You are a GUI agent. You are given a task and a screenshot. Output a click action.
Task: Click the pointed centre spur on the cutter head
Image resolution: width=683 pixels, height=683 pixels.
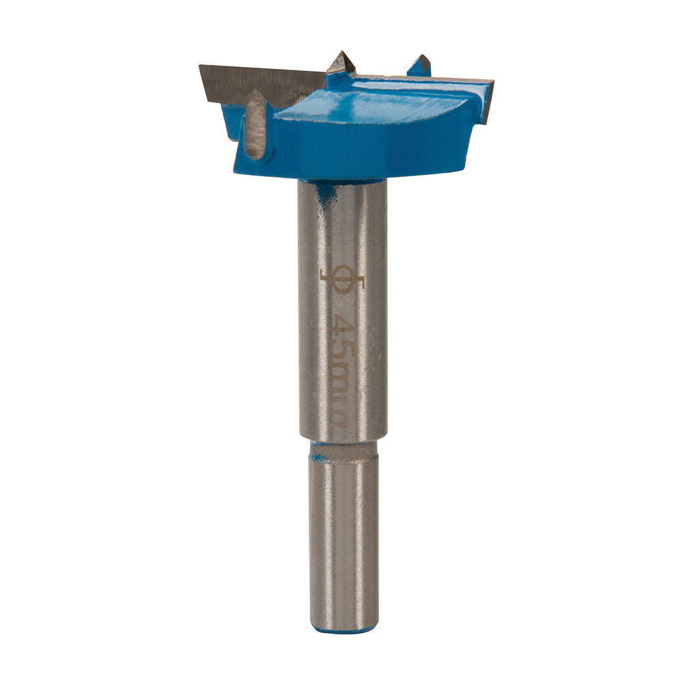[341, 64]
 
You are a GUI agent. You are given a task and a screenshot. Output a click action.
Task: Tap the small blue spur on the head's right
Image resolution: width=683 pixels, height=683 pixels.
[419, 66]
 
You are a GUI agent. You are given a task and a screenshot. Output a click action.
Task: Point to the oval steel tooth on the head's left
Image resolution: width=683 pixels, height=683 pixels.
[255, 125]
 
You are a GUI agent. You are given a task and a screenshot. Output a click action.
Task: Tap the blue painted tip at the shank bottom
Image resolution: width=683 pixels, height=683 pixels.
[343, 630]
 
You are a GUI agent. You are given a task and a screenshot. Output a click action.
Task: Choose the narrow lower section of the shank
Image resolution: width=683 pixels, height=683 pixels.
[343, 540]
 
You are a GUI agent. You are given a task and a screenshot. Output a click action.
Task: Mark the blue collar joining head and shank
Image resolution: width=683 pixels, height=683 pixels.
[341, 179]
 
